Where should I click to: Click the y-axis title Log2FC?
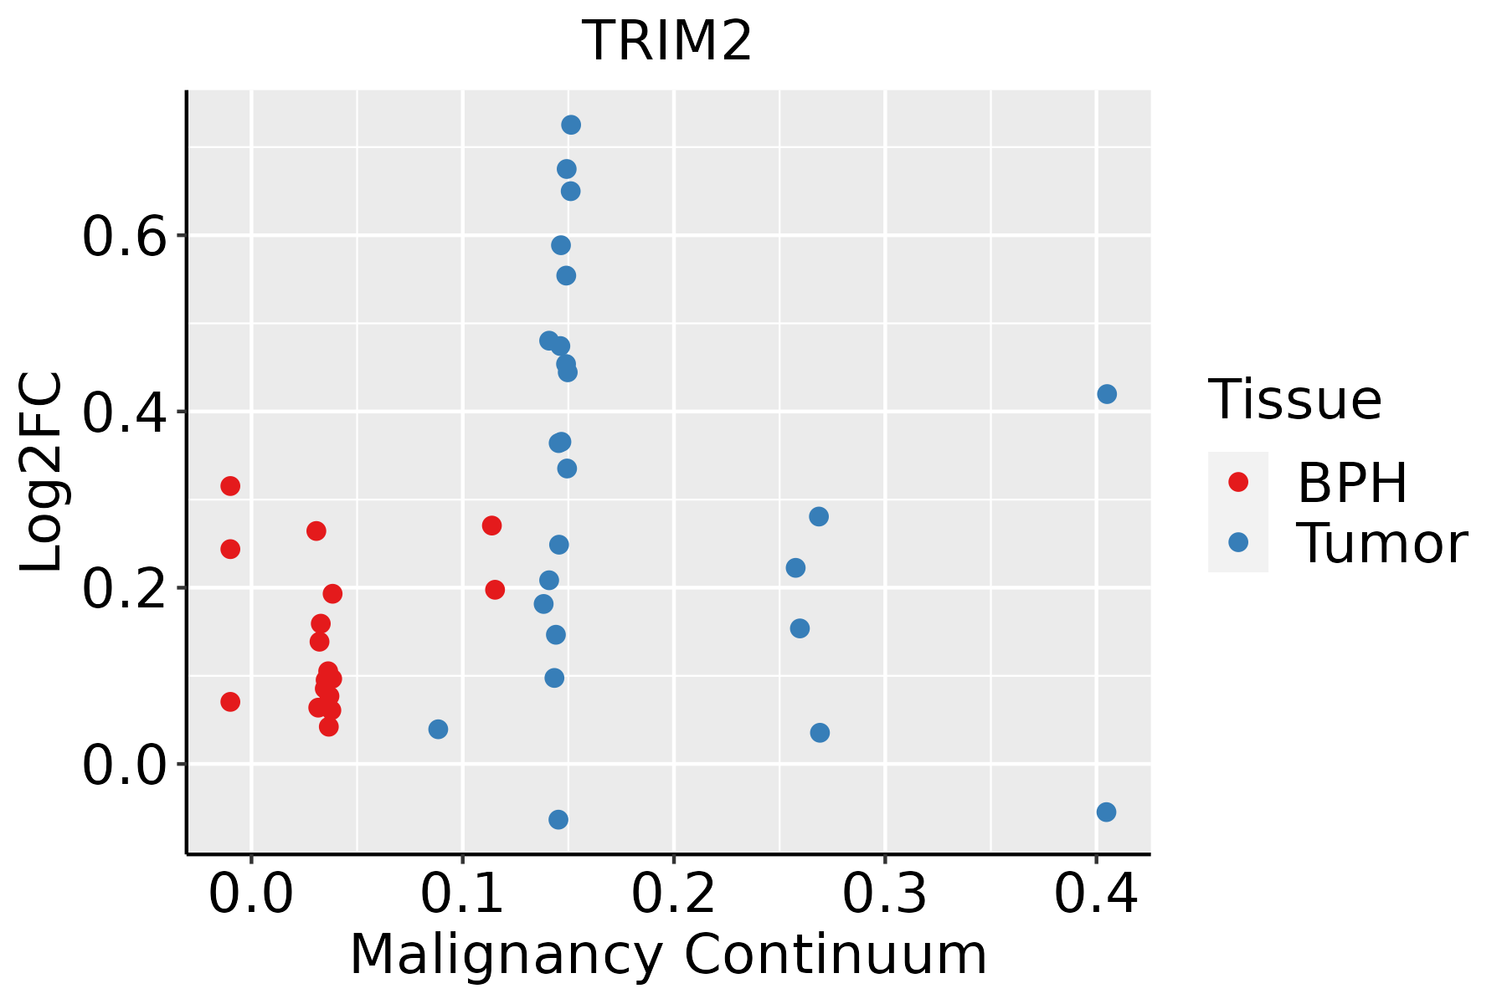[42, 473]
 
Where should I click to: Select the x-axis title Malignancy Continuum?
[667, 955]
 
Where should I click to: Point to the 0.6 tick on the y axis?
[125, 237]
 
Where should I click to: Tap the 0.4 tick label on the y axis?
[125, 413]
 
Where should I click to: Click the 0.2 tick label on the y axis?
[125, 589]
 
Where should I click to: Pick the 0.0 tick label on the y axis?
[125, 766]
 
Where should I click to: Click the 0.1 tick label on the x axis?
[462, 894]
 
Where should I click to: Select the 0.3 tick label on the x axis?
[884, 894]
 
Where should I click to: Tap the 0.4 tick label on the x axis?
[1095, 894]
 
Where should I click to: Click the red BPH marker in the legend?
[1237, 482]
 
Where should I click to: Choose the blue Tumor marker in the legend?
[1237, 542]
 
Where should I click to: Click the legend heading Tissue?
[1295, 400]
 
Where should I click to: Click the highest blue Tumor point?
[571, 125]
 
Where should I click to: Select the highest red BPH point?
[230, 486]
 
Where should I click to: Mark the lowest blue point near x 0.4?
[1106, 812]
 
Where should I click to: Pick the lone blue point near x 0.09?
[438, 730]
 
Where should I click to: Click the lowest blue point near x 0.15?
[558, 819]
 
